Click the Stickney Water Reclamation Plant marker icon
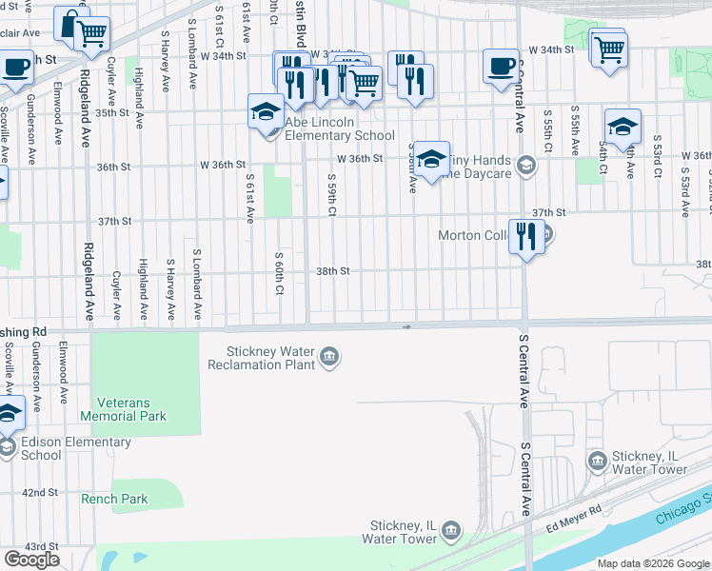click(328, 358)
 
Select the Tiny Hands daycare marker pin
click(525, 167)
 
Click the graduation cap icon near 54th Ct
click(623, 127)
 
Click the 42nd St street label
click(41, 493)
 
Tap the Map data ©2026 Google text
click(652, 563)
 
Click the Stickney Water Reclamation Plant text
click(269, 358)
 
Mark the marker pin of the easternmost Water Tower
click(597, 463)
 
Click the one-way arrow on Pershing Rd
click(407, 326)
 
